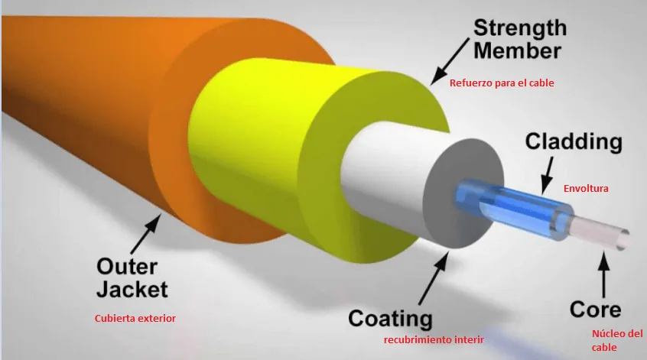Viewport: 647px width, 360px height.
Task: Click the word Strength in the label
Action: click(520, 28)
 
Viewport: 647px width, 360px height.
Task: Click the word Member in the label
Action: click(518, 51)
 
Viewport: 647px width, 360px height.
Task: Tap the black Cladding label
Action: click(574, 142)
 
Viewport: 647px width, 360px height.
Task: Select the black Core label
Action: click(595, 310)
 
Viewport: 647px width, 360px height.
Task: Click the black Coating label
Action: click(390, 319)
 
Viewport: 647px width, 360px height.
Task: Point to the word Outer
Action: click(127, 267)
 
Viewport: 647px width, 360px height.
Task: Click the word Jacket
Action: click(132, 289)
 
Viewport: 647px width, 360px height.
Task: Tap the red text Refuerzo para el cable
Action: click(502, 83)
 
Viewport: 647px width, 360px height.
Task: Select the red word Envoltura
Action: click(586, 189)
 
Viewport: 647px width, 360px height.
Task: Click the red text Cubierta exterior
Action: click(135, 319)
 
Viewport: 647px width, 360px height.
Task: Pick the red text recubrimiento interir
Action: click(434, 340)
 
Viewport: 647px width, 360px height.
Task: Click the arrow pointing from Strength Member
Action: click(450, 62)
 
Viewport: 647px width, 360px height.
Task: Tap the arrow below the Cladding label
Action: click(548, 175)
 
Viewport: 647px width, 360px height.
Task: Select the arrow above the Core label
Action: click(604, 274)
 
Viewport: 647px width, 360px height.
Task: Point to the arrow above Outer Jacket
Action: click(145, 233)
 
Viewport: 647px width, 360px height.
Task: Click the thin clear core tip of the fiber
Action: click(600, 233)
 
